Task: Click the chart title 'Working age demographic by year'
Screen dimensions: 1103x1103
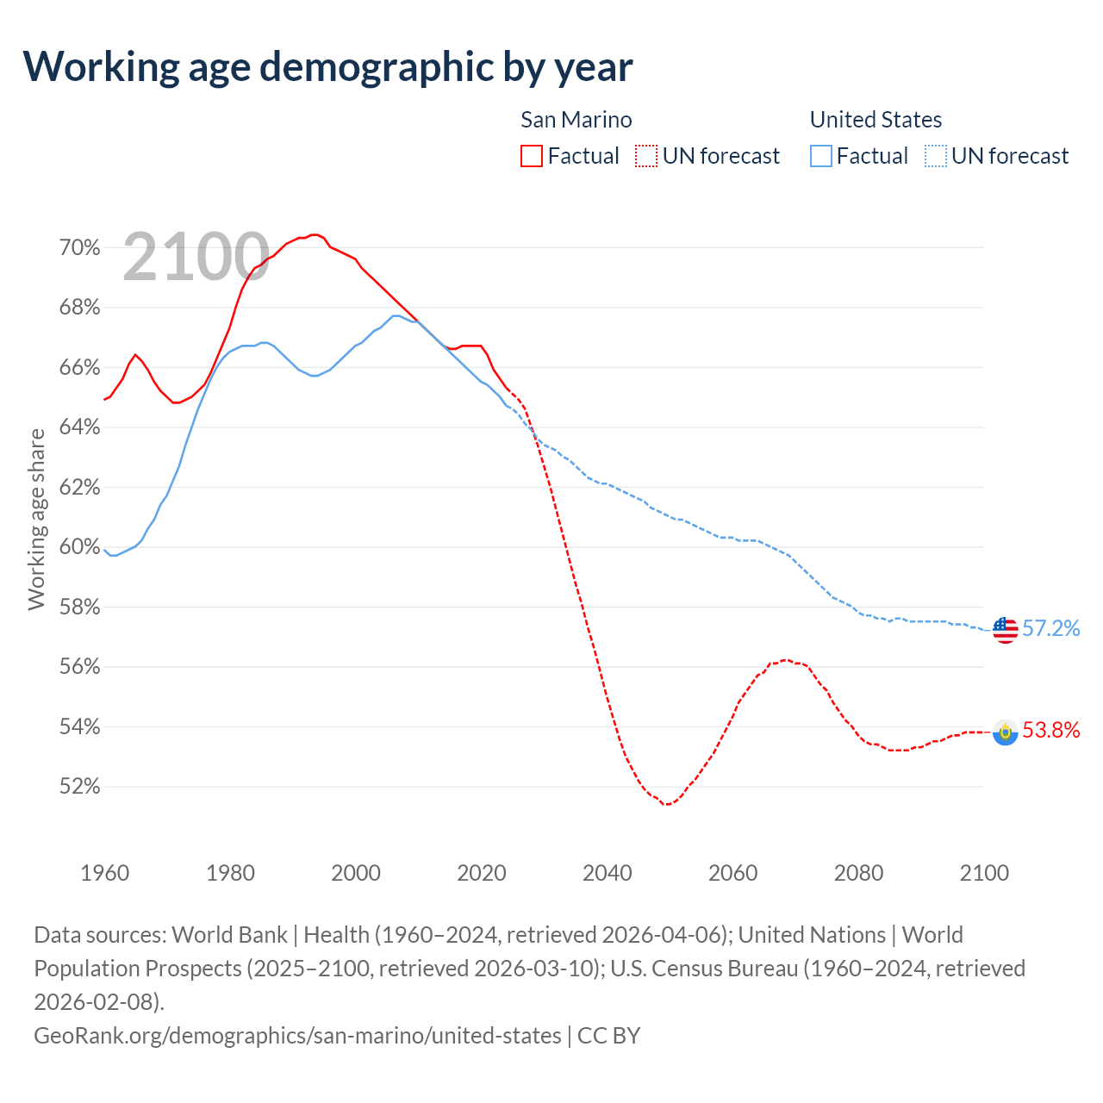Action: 327,66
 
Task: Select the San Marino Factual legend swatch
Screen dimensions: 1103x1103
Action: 532,156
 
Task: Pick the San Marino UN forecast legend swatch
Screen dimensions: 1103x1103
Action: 645,156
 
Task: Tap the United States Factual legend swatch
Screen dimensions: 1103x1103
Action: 821,156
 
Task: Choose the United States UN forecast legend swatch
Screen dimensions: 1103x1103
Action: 935,156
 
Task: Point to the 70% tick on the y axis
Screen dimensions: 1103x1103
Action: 79,248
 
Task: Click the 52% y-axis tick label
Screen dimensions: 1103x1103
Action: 79,787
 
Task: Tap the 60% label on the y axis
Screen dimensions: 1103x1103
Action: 79,547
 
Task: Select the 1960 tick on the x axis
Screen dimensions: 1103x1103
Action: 105,873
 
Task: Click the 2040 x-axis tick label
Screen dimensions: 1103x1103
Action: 608,873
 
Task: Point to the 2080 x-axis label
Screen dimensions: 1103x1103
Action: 859,873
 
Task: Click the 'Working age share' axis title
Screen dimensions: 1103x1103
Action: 36,520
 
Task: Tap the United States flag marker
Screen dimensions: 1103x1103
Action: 1005,630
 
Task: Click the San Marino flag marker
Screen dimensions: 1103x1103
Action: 1005,732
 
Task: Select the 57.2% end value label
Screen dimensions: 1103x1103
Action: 1051,629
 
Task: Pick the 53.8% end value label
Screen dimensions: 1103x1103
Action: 1051,731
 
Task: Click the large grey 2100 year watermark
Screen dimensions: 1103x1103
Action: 196,257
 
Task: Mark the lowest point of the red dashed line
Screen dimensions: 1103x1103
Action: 666,805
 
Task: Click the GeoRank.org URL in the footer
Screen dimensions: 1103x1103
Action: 297,1035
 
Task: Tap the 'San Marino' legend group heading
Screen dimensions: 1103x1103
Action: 576,120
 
